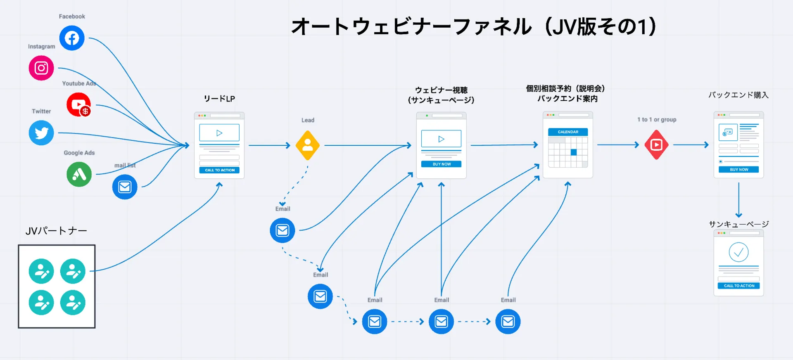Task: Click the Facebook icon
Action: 72,38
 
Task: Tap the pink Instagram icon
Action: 41,68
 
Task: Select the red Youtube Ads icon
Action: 78,104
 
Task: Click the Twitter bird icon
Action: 41,133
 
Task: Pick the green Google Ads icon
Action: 79,174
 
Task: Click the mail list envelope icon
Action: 125,187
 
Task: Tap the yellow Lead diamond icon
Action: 308,145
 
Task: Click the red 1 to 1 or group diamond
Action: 656,145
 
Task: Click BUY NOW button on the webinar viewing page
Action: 441,164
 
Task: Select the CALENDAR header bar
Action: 568,132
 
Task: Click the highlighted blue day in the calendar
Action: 574,152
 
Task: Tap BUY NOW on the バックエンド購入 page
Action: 738,170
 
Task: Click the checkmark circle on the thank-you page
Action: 738,252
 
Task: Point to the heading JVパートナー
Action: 56,231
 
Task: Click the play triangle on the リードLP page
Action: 219,133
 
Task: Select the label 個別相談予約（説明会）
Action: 565,89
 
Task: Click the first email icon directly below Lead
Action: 283,230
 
